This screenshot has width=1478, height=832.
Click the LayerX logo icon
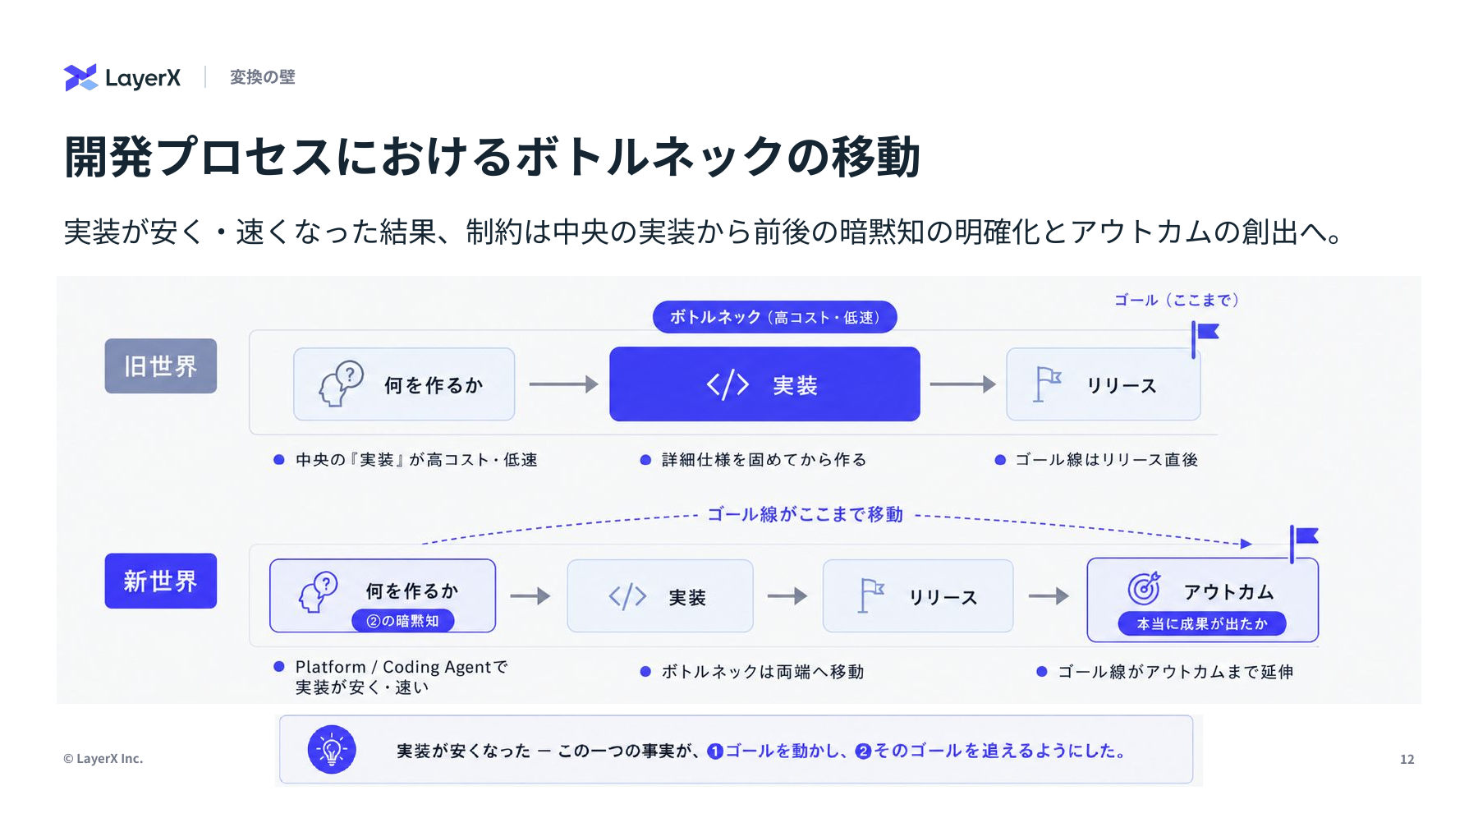click(x=80, y=77)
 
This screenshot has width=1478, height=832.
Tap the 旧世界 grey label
click(x=161, y=365)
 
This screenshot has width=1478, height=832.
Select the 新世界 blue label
click(x=161, y=581)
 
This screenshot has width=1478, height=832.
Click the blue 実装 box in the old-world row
click(x=764, y=384)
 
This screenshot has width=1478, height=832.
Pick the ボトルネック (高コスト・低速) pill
click(x=774, y=317)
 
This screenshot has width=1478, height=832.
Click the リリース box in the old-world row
click(x=1104, y=384)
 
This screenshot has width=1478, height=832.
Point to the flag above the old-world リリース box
click(x=1205, y=338)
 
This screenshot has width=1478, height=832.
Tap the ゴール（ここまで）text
click(x=1176, y=301)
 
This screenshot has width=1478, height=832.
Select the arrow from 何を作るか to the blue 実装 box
click(x=563, y=384)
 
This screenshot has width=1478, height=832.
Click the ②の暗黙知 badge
click(x=403, y=621)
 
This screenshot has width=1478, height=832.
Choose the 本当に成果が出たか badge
click(x=1202, y=624)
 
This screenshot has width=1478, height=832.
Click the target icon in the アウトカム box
click(x=1144, y=588)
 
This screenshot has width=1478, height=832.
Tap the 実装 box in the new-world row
click(x=660, y=596)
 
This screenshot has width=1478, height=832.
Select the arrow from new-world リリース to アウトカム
click(x=1049, y=596)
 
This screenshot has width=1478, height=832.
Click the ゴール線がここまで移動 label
click(x=805, y=514)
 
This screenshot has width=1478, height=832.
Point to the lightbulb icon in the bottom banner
click(x=332, y=749)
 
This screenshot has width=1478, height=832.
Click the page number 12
click(x=1407, y=760)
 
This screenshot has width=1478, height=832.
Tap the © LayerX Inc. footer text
click(x=103, y=759)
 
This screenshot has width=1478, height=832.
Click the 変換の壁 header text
click(x=262, y=77)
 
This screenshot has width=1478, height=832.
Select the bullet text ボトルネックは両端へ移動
click(x=763, y=672)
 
